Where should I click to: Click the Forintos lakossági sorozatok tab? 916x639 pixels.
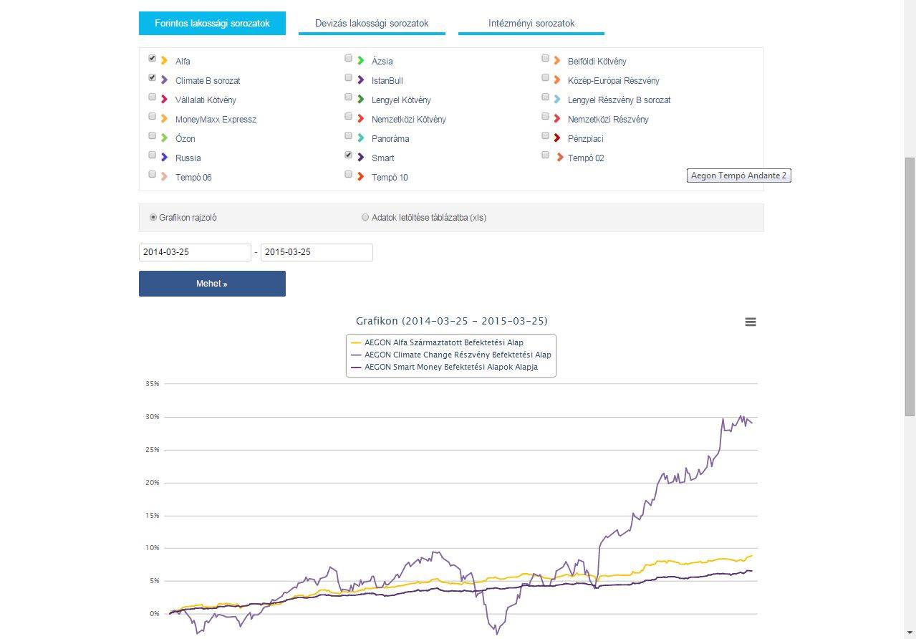click(212, 24)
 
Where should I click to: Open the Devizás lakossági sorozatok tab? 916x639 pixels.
click(372, 24)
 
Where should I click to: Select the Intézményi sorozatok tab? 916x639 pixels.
click(531, 24)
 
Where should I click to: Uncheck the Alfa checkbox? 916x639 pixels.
click(152, 59)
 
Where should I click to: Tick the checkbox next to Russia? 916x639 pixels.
click(152, 155)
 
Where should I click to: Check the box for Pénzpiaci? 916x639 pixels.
click(545, 136)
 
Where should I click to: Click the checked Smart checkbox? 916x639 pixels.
click(348, 155)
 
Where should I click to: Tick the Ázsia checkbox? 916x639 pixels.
click(348, 59)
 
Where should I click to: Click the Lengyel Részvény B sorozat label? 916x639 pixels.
click(619, 100)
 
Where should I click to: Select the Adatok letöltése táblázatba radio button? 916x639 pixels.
click(365, 217)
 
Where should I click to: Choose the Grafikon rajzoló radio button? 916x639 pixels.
click(153, 217)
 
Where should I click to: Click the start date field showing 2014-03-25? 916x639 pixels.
click(195, 252)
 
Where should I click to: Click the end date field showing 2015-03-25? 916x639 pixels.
click(317, 252)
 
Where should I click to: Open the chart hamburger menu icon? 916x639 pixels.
click(751, 322)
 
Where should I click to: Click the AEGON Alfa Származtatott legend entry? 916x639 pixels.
click(437, 343)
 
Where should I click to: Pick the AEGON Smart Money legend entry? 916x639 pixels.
click(445, 367)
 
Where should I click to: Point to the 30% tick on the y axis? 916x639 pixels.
click(153, 417)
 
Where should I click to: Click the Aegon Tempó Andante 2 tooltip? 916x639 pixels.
click(738, 176)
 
